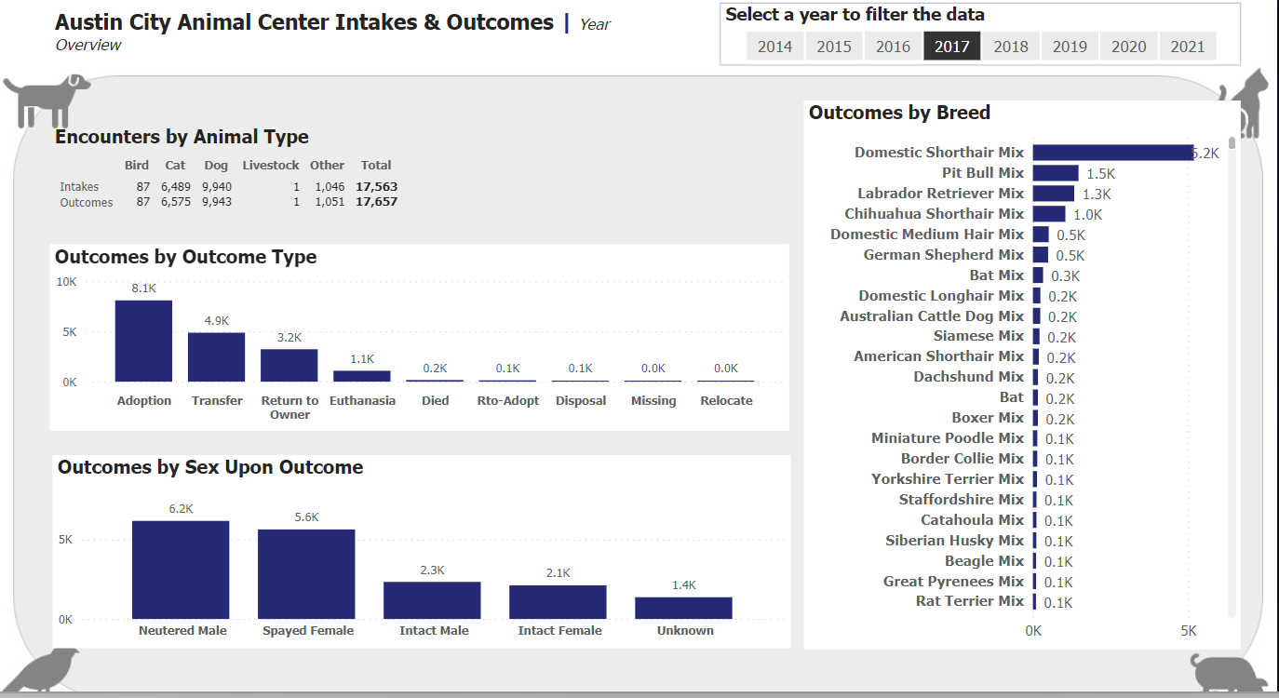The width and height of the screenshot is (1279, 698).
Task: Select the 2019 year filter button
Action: click(1070, 47)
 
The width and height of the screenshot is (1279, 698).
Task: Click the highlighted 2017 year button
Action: click(951, 47)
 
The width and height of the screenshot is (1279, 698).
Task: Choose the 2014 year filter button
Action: click(774, 47)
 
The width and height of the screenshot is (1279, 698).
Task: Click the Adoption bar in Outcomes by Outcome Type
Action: click(143, 341)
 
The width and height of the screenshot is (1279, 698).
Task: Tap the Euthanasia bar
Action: click(362, 376)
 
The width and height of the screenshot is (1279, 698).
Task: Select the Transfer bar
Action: click(216, 356)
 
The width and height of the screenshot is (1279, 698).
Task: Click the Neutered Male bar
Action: click(181, 570)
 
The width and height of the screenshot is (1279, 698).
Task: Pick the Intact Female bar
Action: click(558, 602)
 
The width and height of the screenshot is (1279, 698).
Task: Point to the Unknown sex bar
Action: click(683, 608)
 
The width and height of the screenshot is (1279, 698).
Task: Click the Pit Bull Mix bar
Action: click(1055, 173)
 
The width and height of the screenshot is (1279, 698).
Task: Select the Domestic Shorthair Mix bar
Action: click(1112, 153)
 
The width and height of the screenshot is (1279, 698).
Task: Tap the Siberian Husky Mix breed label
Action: click(954, 541)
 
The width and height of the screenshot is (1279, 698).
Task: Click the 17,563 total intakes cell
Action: click(376, 186)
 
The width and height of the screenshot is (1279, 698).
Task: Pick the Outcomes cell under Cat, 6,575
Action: click(175, 202)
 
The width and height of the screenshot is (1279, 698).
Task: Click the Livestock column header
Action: click(271, 166)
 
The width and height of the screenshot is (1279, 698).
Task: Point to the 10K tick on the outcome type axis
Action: click(67, 281)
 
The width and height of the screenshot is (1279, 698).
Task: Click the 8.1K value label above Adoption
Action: click(143, 289)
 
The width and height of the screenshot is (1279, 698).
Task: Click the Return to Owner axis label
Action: click(289, 408)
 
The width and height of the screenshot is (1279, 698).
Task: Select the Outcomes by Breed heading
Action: click(899, 113)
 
